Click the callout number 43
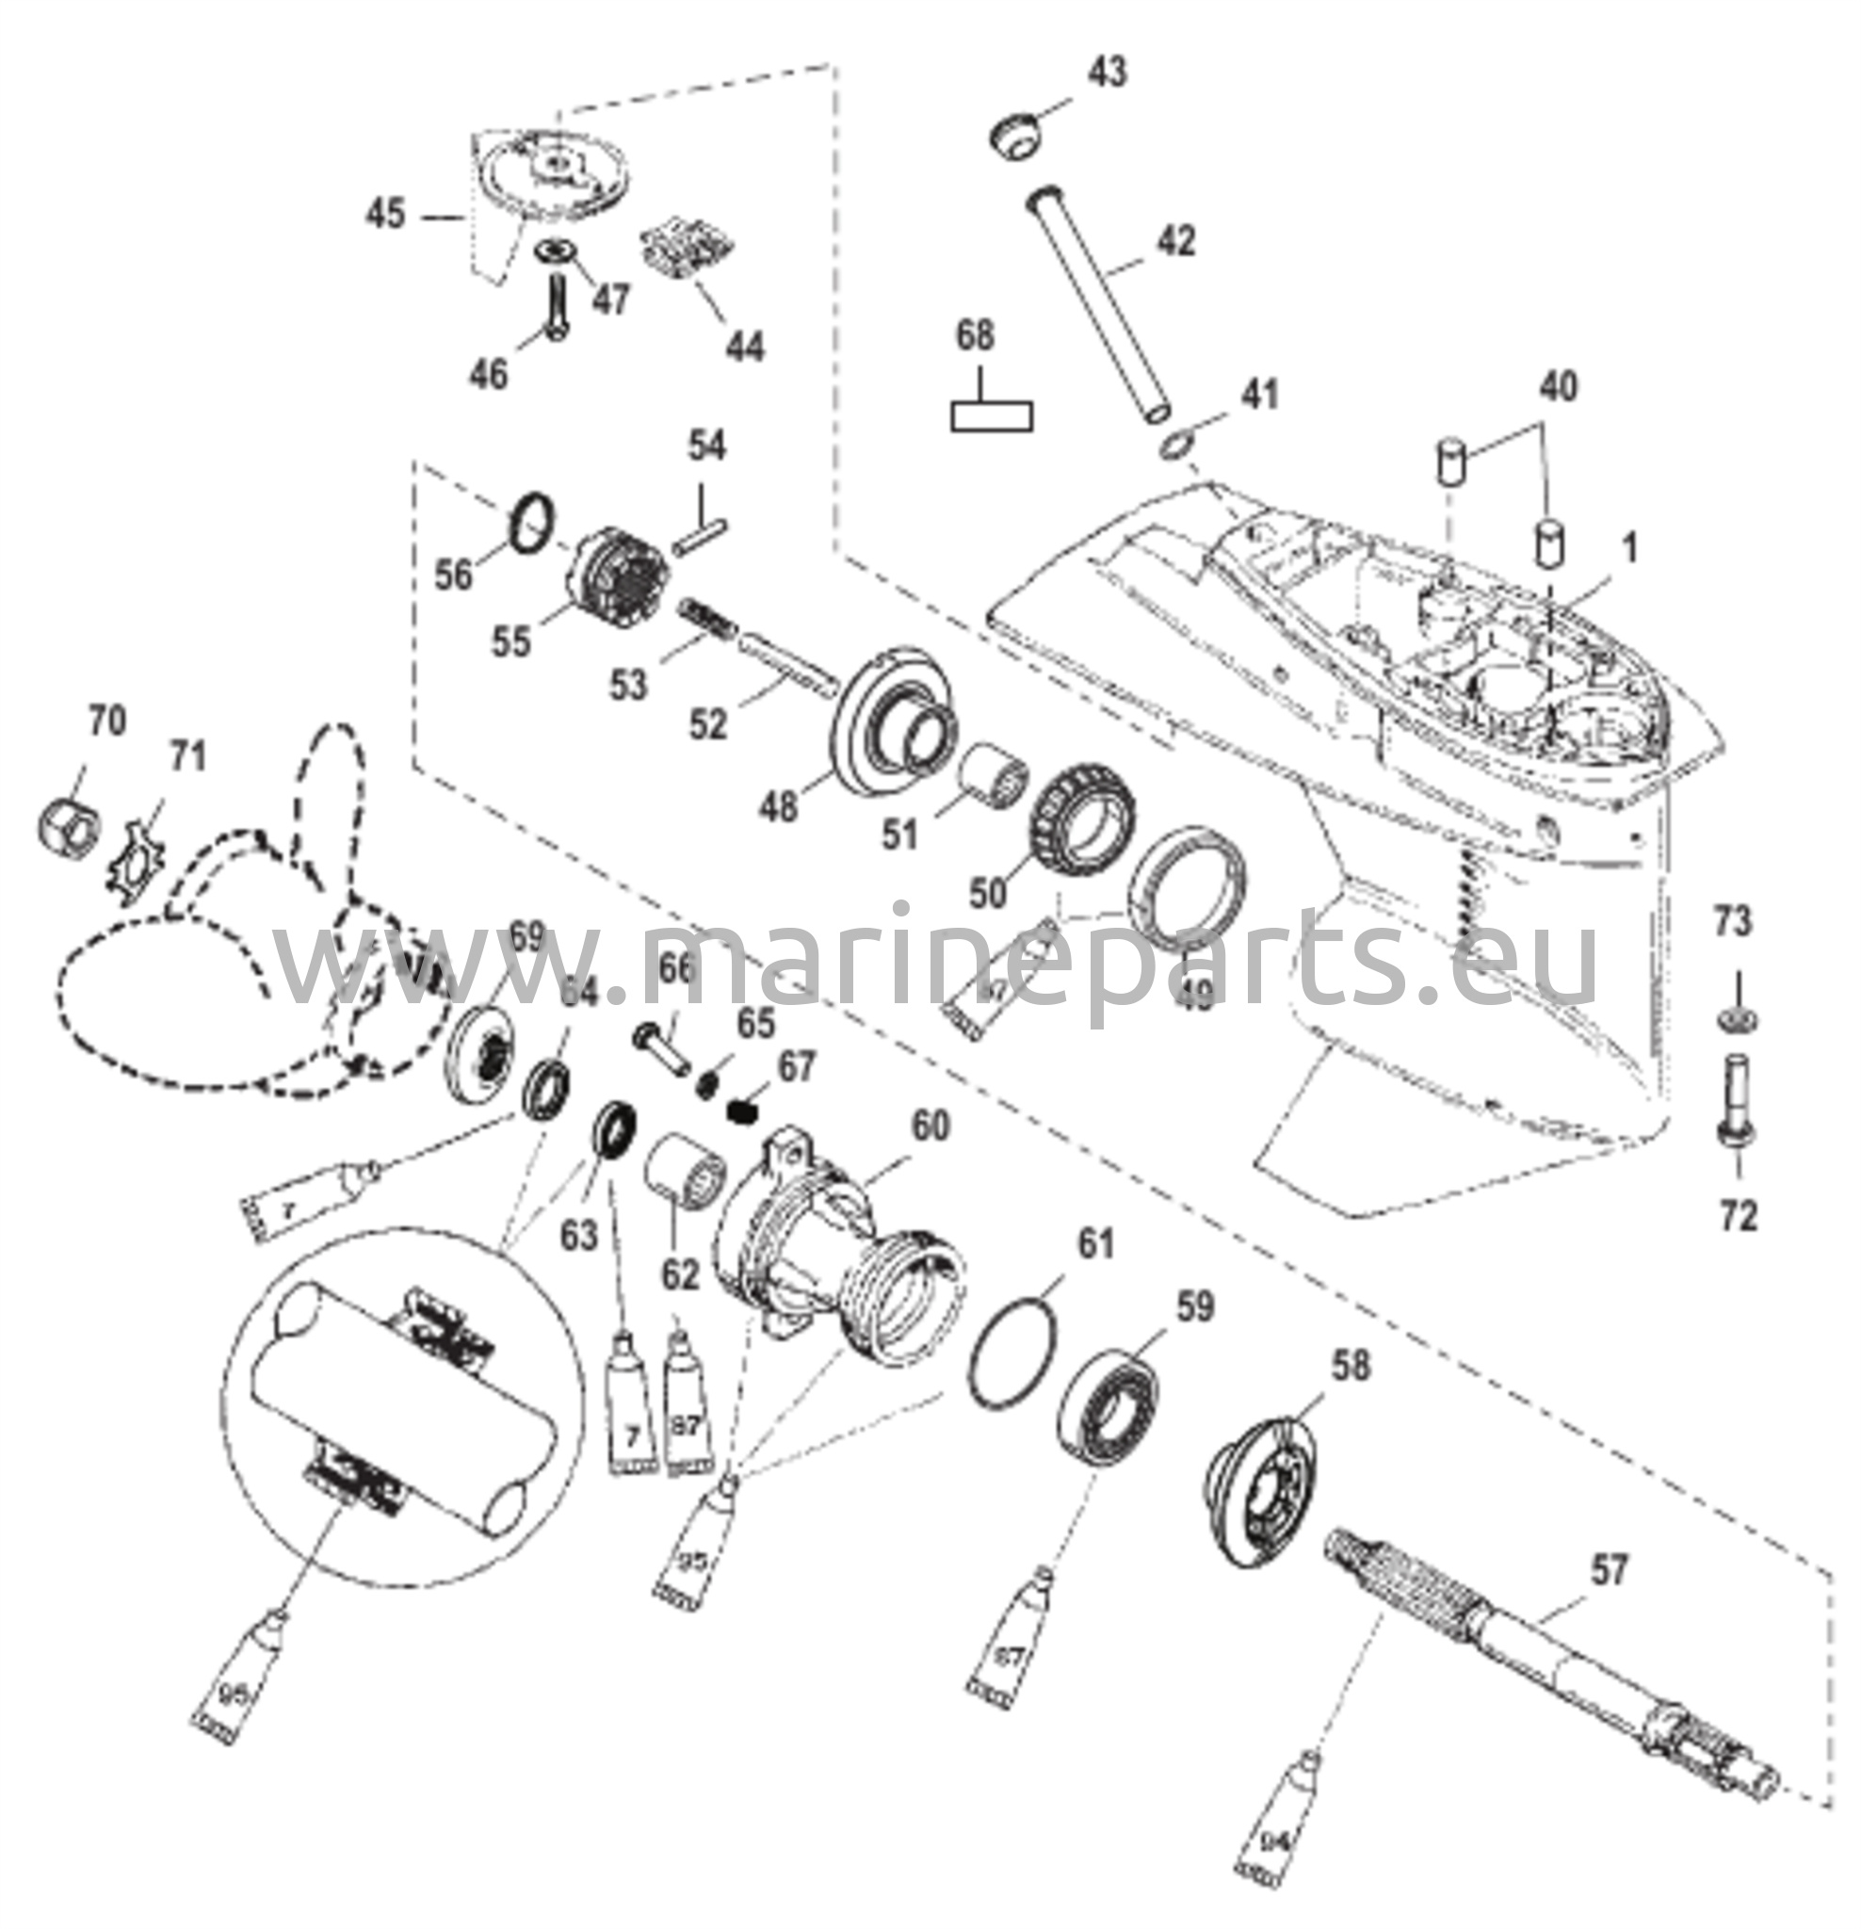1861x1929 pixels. click(x=1108, y=73)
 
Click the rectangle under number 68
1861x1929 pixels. click(x=991, y=415)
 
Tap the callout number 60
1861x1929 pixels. click(x=929, y=1125)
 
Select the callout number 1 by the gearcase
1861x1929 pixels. click(x=1629, y=548)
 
